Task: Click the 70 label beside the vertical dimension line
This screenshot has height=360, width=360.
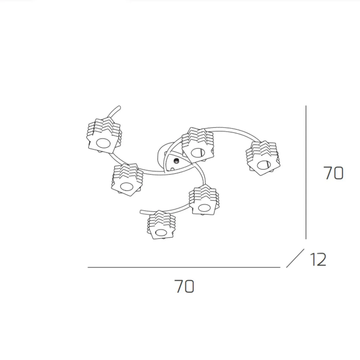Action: tap(333, 173)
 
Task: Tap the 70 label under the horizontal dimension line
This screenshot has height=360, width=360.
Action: tap(184, 286)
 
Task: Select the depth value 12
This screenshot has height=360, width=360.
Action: tap(318, 260)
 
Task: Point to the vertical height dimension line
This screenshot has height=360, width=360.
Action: tap(306, 172)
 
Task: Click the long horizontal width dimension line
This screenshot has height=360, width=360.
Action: tap(184, 267)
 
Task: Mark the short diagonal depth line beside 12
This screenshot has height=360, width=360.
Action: tap(295, 258)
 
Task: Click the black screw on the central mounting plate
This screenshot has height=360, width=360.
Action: tap(176, 161)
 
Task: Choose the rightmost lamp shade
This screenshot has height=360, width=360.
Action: tap(263, 158)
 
